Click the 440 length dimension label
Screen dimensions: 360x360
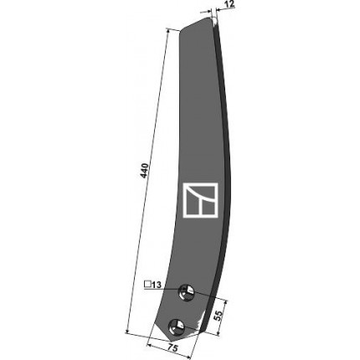click(144, 171)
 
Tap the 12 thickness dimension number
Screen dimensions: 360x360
click(229, 4)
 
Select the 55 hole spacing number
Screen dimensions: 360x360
click(219, 315)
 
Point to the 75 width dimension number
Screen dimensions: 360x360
click(173, 349)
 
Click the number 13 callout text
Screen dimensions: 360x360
click(157, 285)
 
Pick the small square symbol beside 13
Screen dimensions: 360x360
click(147, 285)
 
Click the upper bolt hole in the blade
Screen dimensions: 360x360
click(187, 292)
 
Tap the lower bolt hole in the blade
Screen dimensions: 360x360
click(177, 327)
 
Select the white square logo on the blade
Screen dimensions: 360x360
click(200, 199)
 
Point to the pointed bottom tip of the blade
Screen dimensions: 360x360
click(172, 340)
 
